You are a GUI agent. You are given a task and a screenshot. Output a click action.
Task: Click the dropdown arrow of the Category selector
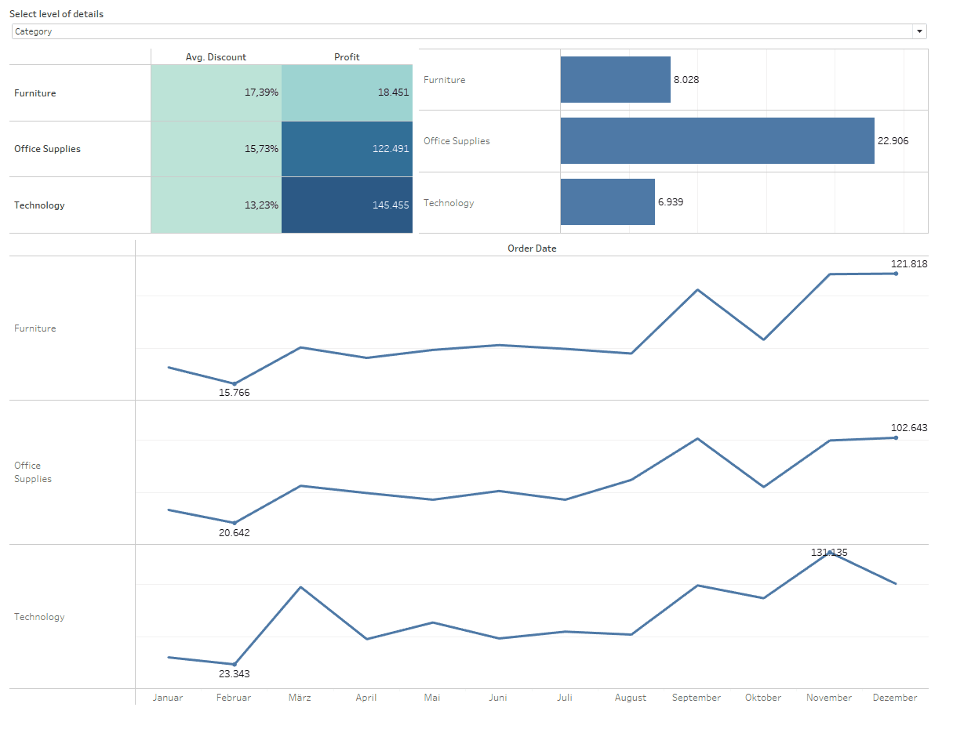(x=919, y=31)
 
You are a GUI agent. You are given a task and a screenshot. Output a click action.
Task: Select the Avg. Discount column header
(x=216, y=57)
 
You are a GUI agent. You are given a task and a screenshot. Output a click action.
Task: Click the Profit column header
(x=347, y=57)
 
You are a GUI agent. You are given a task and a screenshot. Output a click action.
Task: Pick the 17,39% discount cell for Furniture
(x=216, y=92)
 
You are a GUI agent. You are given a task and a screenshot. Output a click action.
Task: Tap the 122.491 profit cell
(x=347, y=149)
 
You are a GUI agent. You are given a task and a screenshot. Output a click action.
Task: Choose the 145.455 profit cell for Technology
(x=347, y=205)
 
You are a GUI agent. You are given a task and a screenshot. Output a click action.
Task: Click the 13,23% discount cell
(x=216, y=205)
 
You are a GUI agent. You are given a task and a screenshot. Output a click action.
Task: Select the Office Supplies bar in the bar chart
(x=717, y=141)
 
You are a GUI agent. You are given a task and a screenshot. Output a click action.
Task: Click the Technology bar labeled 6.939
(x=607, y=202)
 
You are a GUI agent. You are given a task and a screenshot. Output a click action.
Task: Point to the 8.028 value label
(x=686, y=79)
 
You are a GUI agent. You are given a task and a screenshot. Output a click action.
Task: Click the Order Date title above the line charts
(x=532, y=248)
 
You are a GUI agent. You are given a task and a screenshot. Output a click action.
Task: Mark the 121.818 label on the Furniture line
(x=909, y=264)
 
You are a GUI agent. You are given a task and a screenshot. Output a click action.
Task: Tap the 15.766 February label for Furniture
(x=234, y=393)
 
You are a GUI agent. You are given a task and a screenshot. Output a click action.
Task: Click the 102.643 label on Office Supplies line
(x=909, y=428)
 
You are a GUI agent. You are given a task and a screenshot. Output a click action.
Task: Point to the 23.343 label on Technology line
(x=234, y=674)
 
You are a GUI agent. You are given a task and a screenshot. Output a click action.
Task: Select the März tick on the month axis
(x=300, y=698)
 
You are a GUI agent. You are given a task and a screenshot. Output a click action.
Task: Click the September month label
(x=696, y=698)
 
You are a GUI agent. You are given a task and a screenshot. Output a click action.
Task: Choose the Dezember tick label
(x=894, y=698)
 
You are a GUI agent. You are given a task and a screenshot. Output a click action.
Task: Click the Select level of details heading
(x=56, y=14)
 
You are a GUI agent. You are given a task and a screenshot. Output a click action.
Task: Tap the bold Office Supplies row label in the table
(x=47, y=149)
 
